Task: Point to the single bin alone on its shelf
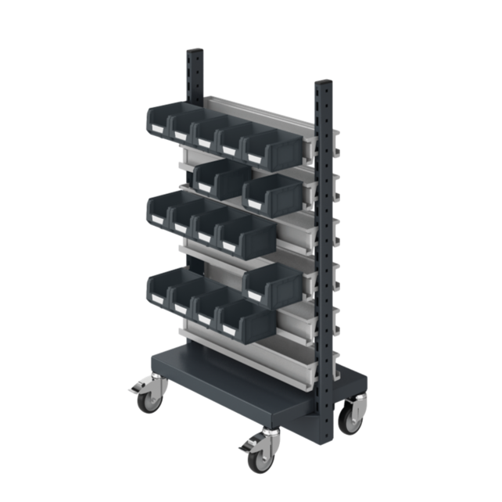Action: click(271, 281)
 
